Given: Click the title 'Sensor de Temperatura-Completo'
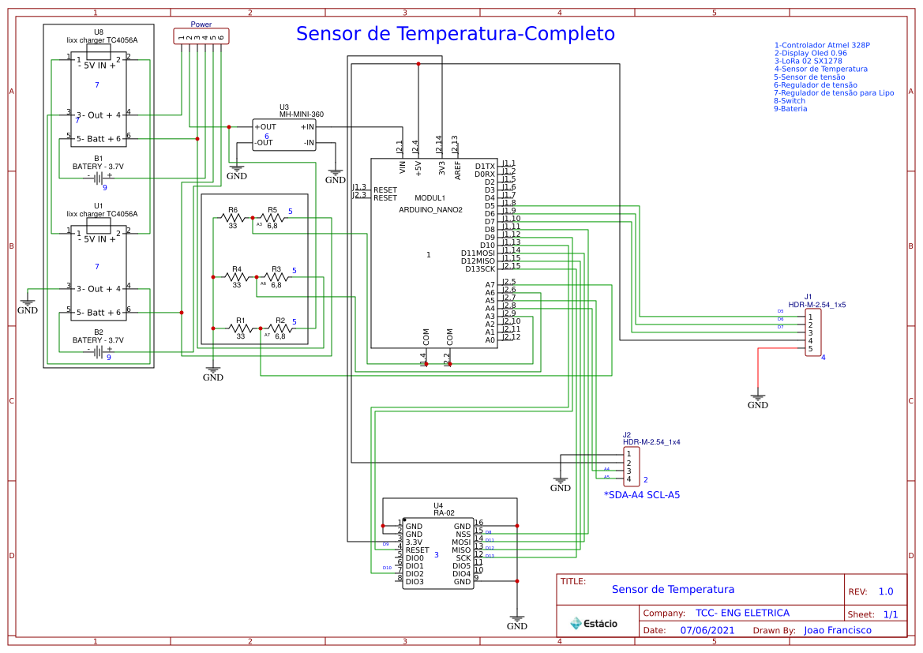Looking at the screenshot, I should (455, 34).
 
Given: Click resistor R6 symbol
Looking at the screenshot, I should (233, 218).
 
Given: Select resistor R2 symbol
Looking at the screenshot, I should (280, 328).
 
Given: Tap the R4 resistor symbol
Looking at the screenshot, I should (236, 277).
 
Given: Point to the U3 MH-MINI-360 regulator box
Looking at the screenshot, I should (284, 134).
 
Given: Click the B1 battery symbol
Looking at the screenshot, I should (99, 178).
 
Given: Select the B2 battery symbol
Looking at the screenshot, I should (99, 351).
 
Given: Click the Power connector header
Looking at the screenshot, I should (201, 37).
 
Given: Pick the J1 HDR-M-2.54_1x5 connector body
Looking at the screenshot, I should (812, 332).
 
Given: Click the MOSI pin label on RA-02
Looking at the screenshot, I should (461, 542).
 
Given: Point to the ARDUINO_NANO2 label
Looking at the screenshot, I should (430, 210).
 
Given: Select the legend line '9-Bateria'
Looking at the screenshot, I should (790, 109).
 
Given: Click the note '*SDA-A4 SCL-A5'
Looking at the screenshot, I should (641, 495).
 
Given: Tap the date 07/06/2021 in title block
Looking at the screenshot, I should (707, 630).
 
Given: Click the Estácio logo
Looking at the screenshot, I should (594, 623).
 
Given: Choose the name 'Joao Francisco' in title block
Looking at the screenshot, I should (838, 630).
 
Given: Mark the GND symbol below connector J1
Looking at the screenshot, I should (757, 402).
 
